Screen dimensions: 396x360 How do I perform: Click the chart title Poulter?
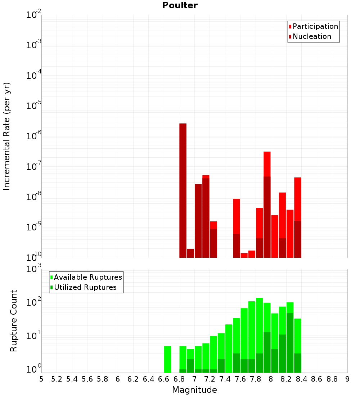[x=180, y=5]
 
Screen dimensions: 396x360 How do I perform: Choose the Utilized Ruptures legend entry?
[x=85, y=288]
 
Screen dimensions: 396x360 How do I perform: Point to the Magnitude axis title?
[x=194, y=390]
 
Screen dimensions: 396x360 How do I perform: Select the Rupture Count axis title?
[x=14, y=321]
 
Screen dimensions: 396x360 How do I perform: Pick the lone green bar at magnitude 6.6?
[x=168, y=359]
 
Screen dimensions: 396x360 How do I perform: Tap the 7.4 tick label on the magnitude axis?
[x=225, y=379]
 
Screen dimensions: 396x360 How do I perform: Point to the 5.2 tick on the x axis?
[x=57, y=379]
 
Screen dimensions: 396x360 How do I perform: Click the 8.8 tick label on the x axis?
[x=332, y=379]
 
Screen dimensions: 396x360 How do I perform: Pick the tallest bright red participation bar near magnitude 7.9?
[x=267, y=164]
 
